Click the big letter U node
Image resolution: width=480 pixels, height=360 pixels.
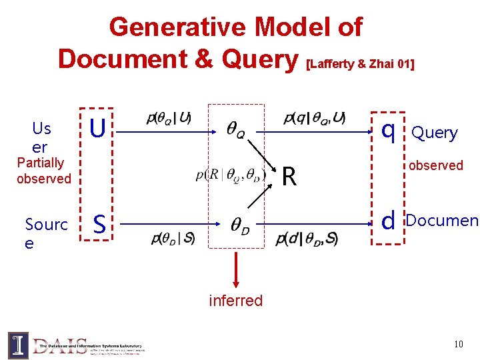[97, 129]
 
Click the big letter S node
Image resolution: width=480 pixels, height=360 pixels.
[99, 224]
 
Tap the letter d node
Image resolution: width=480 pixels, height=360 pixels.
[389, 220]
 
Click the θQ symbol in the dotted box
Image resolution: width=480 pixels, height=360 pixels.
[236, 131]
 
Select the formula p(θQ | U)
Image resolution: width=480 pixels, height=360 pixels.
[169, 119]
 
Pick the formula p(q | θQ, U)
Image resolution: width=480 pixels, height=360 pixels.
[315, 119]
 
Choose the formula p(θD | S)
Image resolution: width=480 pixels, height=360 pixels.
[173, 238]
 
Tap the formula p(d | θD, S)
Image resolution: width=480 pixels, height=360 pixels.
[306, 238]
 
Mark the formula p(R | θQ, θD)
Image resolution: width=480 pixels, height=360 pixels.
[231, 175]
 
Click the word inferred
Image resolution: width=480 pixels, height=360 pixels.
[236, 301]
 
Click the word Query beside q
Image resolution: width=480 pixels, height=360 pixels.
[435, 133]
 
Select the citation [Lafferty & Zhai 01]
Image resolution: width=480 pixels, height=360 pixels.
[359, 64]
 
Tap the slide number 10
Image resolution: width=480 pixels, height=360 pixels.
[458, 345]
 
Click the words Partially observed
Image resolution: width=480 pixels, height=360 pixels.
[43, 171]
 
